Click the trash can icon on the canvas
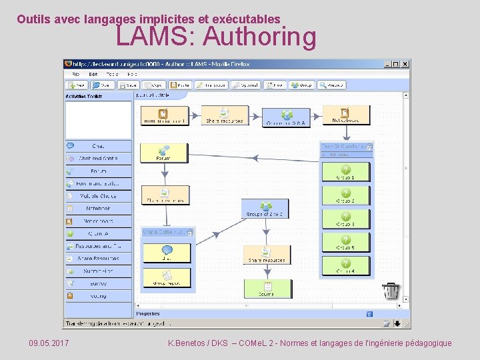click(391, 291)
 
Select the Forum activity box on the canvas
click(163, 153)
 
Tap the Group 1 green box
click(345, 172)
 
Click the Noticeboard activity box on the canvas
click(345, 115)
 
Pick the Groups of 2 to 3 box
click(265, 208)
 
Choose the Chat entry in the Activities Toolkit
click(98, 145)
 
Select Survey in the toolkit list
click(98, 283)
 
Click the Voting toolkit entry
click(98, 295)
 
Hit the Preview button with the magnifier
click(331, 85)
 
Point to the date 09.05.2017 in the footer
click(49, 343)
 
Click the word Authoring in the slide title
click(260, 37)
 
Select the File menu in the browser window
click(76, 74)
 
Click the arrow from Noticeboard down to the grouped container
click(345, 133)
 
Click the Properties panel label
click(148, 313)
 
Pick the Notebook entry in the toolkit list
click(98, 208)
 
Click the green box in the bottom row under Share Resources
click(267, 288)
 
